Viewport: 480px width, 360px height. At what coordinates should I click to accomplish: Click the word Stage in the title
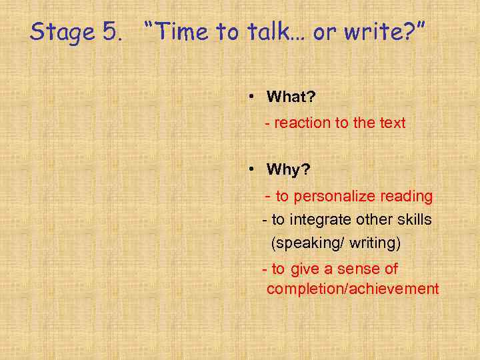(63, 32)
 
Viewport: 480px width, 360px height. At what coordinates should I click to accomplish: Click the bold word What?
(291, 97)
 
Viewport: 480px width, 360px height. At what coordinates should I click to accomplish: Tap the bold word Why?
(289, 169)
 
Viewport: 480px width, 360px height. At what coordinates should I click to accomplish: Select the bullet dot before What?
(251, 97)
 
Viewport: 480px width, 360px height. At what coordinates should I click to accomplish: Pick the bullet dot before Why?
(251, 169)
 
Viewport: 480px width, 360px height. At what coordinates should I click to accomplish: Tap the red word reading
(407, 196)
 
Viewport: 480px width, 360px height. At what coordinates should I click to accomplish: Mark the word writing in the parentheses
(374, 243)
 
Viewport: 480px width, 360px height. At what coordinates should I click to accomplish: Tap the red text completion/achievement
(353, 289)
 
